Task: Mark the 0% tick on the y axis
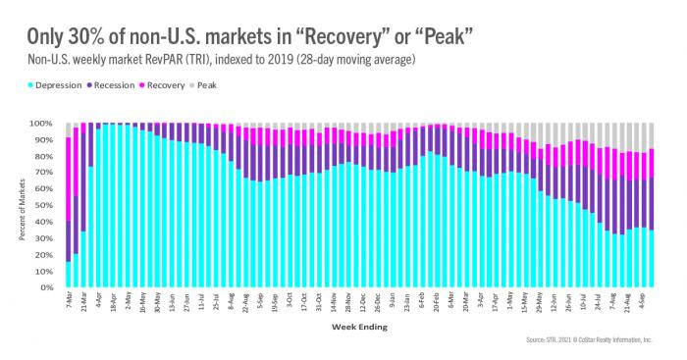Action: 45,288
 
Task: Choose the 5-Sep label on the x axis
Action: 259,300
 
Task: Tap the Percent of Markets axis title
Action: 14,206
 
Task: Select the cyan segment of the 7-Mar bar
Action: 68,275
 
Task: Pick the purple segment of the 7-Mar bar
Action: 68,240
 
